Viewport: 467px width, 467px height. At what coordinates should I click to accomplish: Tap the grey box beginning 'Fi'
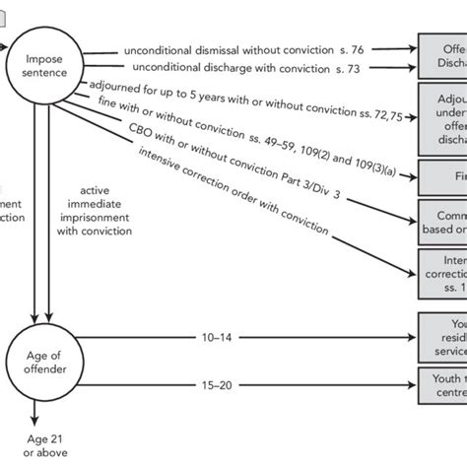coord(442,175)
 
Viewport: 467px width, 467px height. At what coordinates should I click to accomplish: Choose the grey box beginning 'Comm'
coord(442,220)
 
